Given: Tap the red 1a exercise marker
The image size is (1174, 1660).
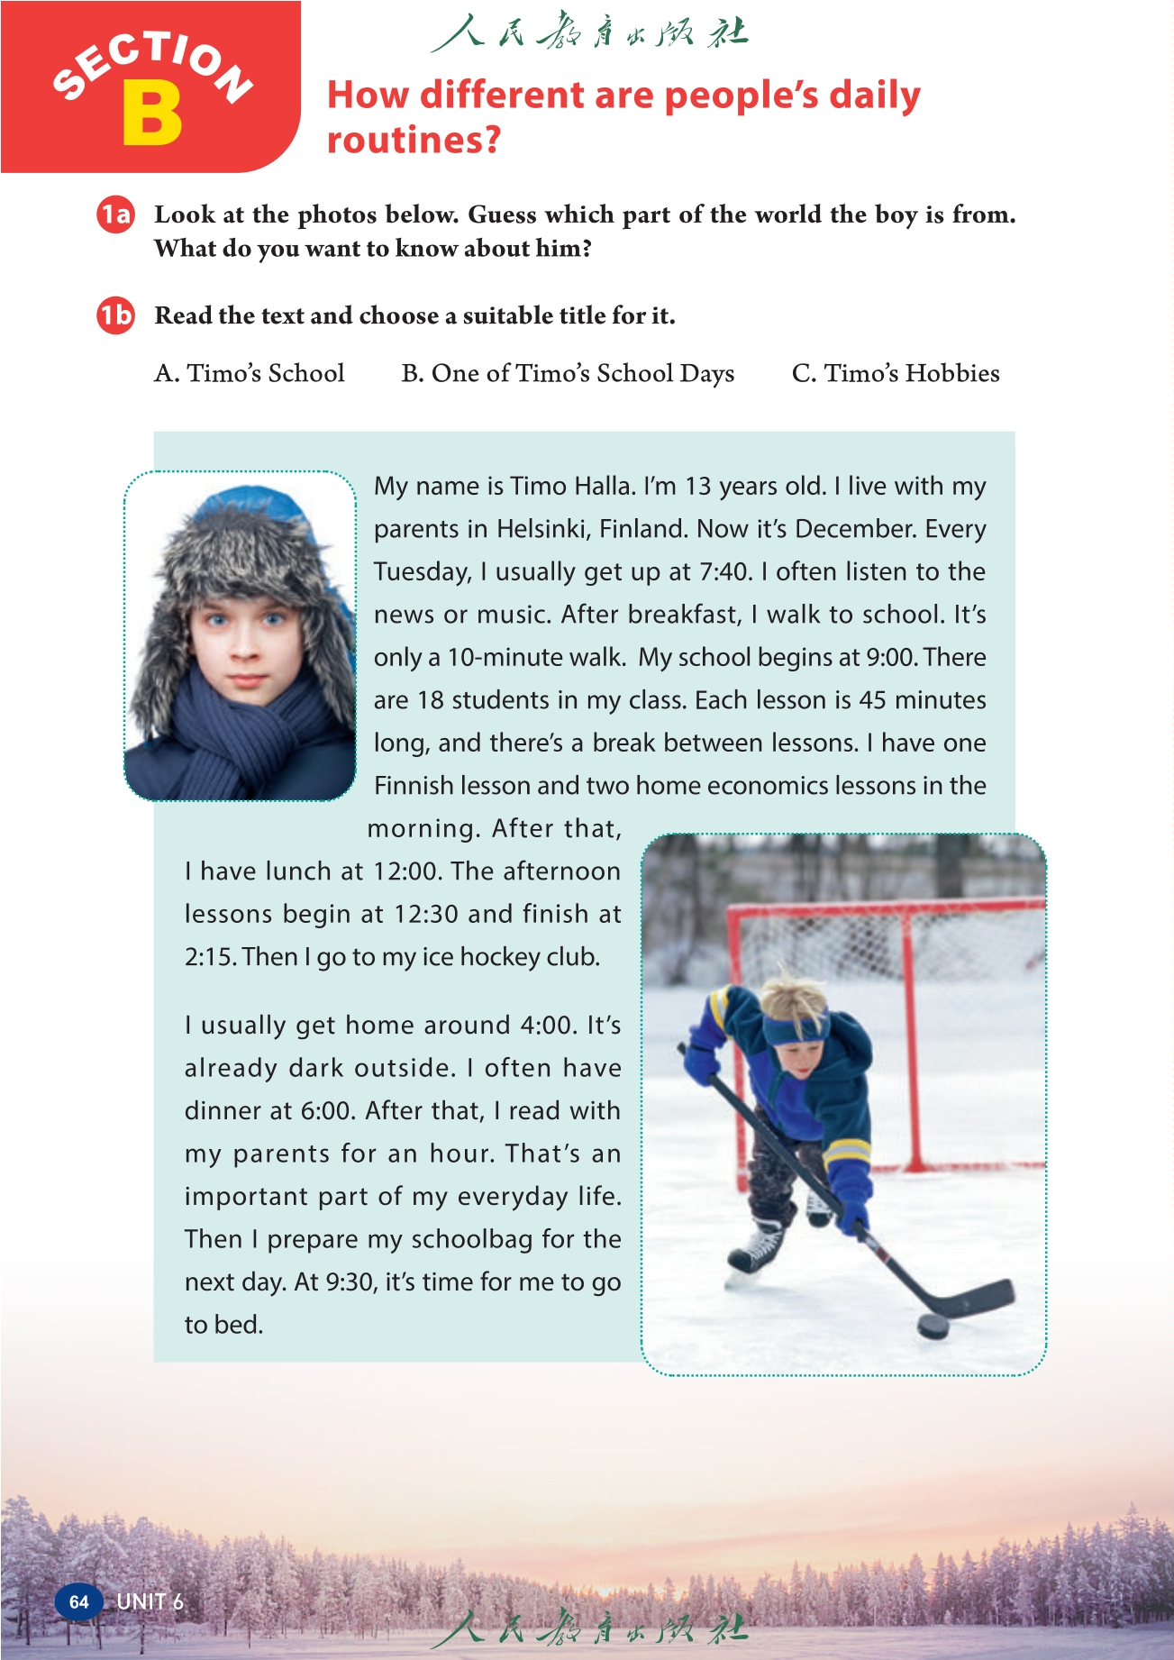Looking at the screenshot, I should tap(115, 214).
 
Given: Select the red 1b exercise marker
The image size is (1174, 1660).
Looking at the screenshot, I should tap(115, 315).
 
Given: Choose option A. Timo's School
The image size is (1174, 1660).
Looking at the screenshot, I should tap(250, 373).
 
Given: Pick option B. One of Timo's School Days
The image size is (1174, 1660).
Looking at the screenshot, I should tap(568, 373).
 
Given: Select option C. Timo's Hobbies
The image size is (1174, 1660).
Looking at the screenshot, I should tap(896, 373).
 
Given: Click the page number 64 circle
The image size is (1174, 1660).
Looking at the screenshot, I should tap(78, 1601).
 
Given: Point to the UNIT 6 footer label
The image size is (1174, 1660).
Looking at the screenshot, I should tap(150, 1601).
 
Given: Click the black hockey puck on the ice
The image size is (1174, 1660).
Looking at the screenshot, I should tap(933, 1326).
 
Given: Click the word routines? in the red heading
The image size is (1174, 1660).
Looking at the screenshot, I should tap(413, 141).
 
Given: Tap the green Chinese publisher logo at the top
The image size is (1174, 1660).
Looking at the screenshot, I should tap(589, 34).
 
